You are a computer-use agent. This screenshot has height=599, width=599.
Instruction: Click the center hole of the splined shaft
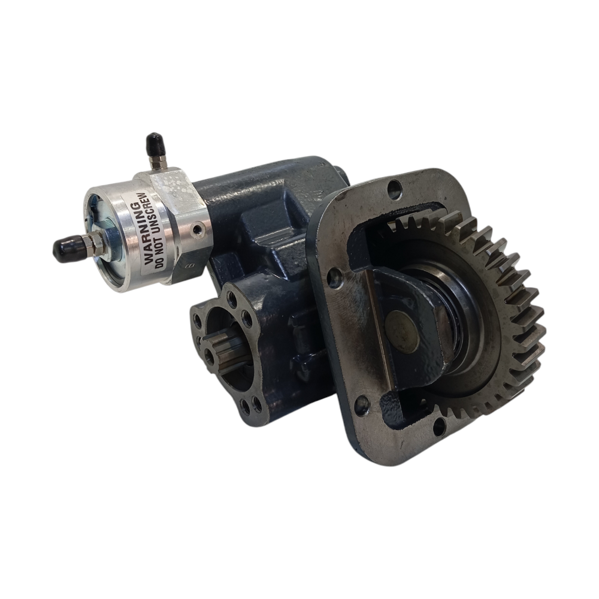209,356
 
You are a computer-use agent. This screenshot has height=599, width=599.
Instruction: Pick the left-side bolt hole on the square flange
336,277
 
